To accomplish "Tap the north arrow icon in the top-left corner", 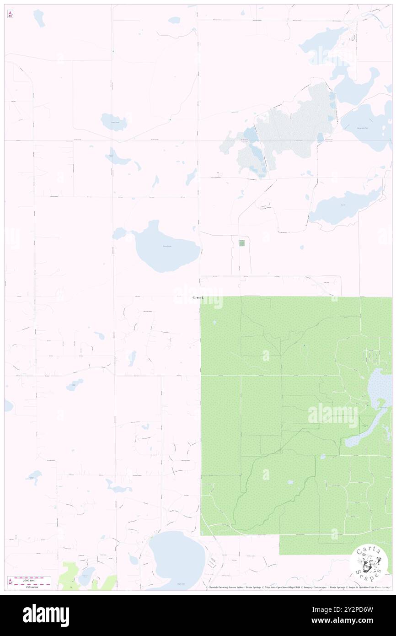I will point(10,14).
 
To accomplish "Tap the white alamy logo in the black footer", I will point(46,615).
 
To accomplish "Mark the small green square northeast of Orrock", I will point(242,243).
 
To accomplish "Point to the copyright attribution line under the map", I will point(297,587).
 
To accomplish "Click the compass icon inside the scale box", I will point(10,582).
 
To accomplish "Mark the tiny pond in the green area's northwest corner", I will point(214,323).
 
